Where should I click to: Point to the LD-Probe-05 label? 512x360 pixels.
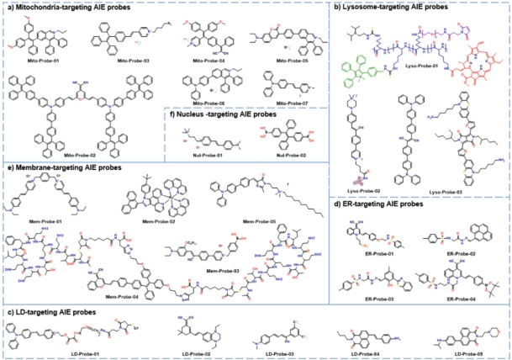462,352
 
